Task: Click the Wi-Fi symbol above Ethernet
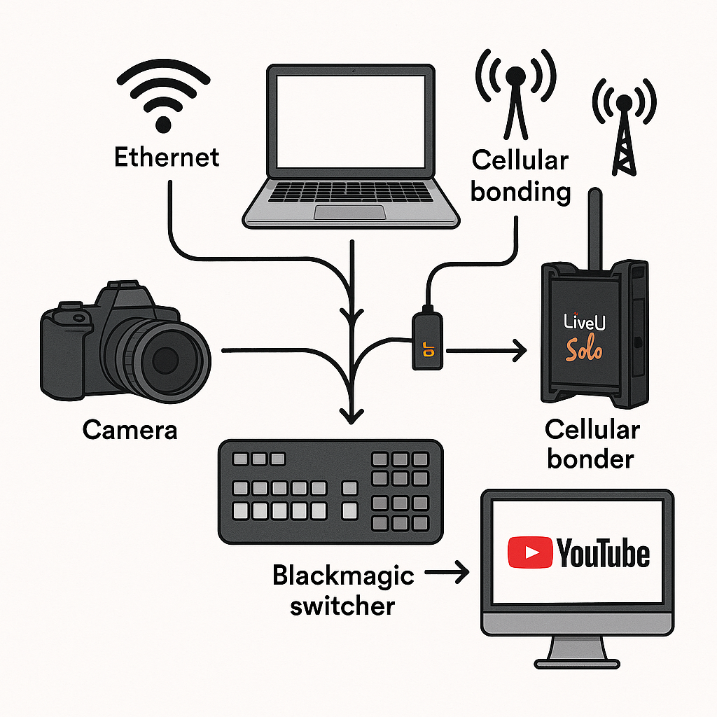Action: tap(162, 98)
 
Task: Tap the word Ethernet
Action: tap(167, 156)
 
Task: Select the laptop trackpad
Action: tap(349, 212)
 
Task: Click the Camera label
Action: tap(130, 429)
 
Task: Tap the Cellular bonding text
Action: tap(520, 175)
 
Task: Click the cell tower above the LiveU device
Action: tap(623, 130)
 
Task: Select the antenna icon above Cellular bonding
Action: tap(516, 95)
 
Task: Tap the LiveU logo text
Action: tap(583, 321)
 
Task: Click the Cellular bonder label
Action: tap(592, 444)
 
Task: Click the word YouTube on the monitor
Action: tap(603, 554)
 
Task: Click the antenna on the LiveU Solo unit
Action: tap(594, 228)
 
